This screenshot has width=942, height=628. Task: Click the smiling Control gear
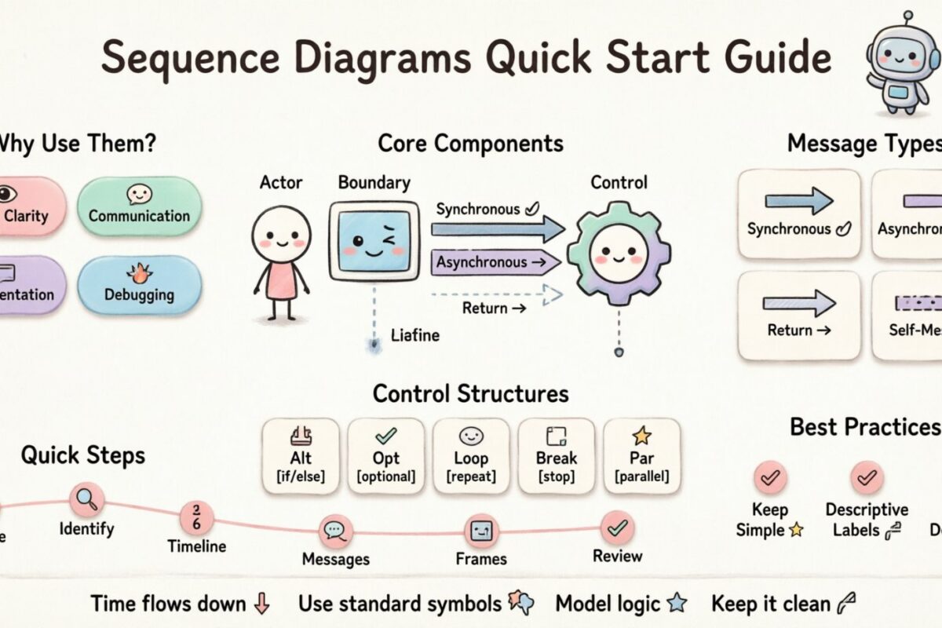tap(619, 252)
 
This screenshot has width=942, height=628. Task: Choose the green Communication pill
tap(139, 206)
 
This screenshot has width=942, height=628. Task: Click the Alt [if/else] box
tap(301, 456)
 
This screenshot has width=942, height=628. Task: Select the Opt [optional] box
tap(386, 456)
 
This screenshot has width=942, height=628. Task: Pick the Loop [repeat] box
tap(471, 456)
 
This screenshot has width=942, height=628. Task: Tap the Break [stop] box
tap(557, 456)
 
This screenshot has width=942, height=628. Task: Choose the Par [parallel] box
tap(641, 456)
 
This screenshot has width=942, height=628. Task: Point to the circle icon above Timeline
tap(196, 518)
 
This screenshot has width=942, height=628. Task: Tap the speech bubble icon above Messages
tap(336, 531)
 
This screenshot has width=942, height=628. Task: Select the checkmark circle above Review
tap(617, 528)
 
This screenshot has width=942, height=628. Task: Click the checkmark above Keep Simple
tap(769, 477)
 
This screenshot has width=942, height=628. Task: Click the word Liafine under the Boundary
tap(415, 336)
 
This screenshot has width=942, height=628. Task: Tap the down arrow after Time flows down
tap(262, 604)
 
